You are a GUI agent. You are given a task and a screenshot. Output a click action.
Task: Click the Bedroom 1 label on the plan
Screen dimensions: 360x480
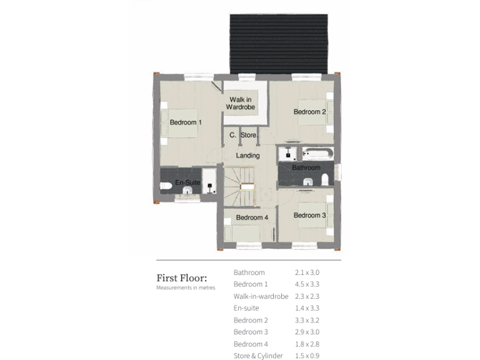[x=186, y=122]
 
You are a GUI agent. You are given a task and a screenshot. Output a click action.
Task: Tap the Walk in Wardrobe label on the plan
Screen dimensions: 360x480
[x=241, y=104]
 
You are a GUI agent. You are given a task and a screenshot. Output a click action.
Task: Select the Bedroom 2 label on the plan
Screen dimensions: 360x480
[x=310, y=112]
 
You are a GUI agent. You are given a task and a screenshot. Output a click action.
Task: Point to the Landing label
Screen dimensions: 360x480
[x=248, y=156]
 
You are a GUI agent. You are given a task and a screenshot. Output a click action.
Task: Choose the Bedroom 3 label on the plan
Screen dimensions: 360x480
[x=310, y=216]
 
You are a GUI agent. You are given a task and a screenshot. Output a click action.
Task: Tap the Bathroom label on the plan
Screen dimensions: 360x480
[x=306, y=168]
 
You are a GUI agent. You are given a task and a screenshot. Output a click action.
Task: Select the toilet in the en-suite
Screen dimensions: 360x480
[x=166, y=186]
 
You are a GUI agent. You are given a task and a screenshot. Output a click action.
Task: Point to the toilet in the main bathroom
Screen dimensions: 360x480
[x=324, y=181]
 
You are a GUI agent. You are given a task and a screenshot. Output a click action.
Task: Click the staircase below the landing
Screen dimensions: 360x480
[x=241, y=184]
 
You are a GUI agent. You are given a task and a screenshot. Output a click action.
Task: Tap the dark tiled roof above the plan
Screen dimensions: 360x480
[x=279, y=44]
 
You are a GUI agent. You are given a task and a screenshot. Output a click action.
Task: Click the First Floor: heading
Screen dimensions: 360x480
[x=181, y=278]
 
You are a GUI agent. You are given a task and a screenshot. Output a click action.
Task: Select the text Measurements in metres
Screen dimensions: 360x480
[x=186, y=288]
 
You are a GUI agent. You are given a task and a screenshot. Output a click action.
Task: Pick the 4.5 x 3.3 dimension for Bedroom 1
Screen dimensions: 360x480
[x=307, y=284]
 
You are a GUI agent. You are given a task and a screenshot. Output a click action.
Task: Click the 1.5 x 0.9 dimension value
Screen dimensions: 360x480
[x=307, y=356]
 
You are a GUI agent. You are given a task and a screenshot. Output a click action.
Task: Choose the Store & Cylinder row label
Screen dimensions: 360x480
[x=258, y=356]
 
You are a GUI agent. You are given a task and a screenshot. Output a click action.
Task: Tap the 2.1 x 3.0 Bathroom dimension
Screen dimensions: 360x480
[x=307, y=272]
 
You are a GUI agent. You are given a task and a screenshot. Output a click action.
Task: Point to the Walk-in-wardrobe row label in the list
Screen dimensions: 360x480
[x=261, y=296]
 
